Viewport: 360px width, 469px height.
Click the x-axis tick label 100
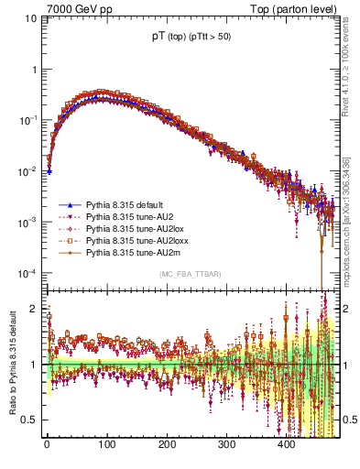pos(106,445)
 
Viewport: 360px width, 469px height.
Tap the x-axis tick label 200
pos(167,445)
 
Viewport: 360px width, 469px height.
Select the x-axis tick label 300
pos(226,445)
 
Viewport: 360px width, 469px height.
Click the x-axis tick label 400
pos(287,445)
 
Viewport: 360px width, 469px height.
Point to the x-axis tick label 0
pos(47,445)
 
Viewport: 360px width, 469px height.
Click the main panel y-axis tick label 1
pos(35,70)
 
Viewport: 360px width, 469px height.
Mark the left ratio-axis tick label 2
pos(35,309)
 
